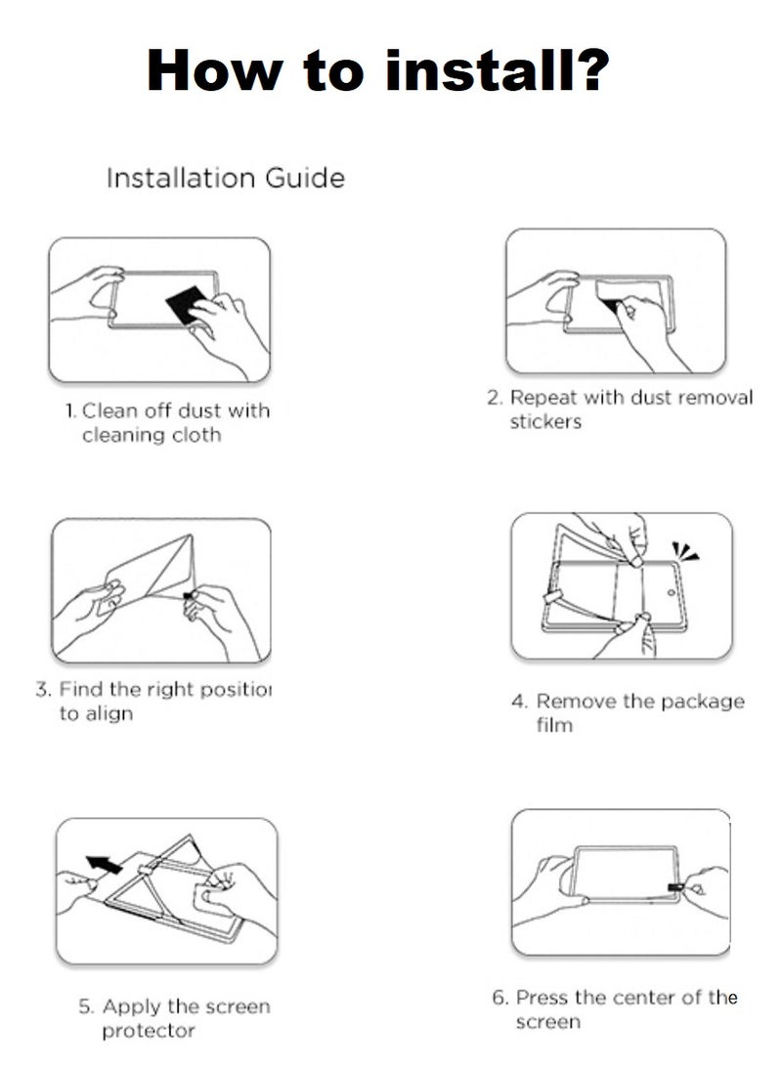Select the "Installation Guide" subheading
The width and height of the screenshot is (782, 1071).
point(225,178)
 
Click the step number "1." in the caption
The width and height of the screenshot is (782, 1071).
point(70,411)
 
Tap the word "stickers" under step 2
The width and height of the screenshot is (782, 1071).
point(545,422)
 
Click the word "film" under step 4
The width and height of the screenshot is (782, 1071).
point(554,725)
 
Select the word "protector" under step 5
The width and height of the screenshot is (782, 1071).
point(149,1031)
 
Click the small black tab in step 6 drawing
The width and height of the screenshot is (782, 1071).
point(674,887)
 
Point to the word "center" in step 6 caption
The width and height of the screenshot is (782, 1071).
point(639,998)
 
